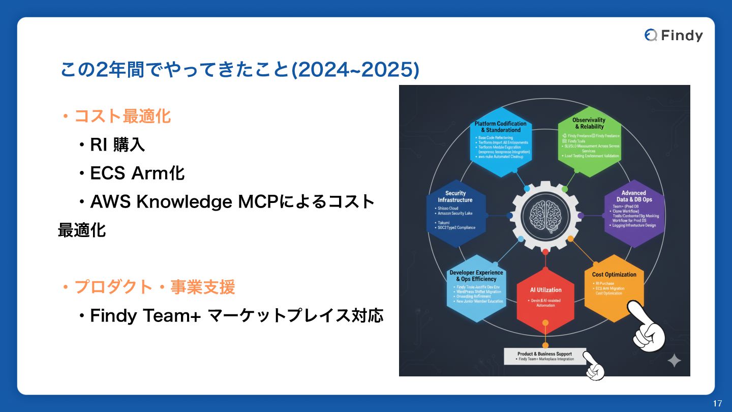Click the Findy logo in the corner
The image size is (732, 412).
tap(674, 35)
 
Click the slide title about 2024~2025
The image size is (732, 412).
tap(239, 70)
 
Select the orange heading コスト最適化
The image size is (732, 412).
tap(122, 116)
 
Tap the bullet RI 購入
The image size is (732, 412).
tap(117, 145)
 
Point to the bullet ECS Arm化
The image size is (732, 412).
tap(137, 173)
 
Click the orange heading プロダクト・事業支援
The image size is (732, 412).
tap(154, 287)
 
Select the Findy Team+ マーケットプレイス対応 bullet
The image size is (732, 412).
tap(236, 316)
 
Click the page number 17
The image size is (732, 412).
tap(717, 403)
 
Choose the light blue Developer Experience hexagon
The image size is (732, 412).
tap(476, 287)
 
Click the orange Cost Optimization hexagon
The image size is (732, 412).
tap(614, 287)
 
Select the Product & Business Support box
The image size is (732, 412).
tap(544, 356)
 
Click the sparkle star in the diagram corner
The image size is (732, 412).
tap(674, 360)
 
